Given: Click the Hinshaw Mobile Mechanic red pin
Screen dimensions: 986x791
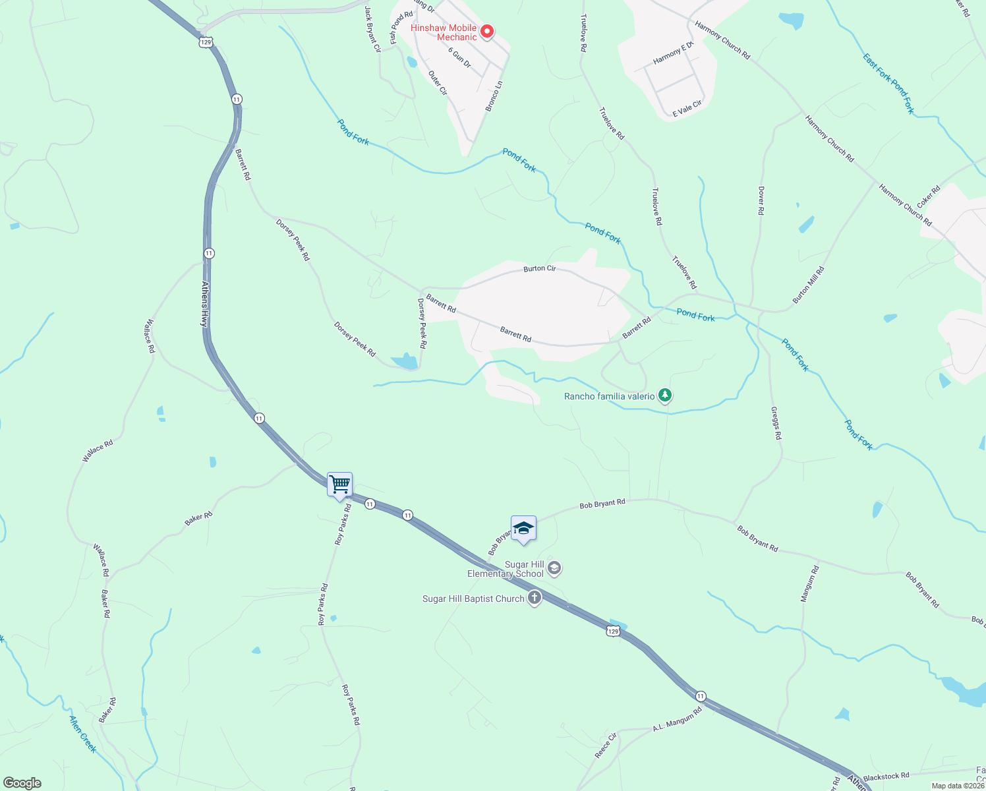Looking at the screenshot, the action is pyautogui.click(x=487, y=31).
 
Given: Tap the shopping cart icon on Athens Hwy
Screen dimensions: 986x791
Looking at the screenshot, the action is pyautogui.click(x=339, y=484).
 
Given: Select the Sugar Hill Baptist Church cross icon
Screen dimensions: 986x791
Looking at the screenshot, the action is pyautogui.click(x=535, y=599).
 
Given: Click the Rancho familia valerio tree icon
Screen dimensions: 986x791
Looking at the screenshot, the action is pyautogui.click(x=666, y=395).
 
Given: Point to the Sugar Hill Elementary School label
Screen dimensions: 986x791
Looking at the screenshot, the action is pyautogui.click(x=506, y=569).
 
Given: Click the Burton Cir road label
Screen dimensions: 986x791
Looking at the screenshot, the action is pyautogui.click(x=540, y=268).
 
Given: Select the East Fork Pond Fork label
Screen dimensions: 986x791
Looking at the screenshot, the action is pyautogui.click(x=888, y=84).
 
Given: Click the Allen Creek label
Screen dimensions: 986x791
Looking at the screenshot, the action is pyautogui.click(x=82, y=734).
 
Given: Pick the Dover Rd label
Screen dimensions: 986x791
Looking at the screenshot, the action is pyautogui.click(x=761, y=201).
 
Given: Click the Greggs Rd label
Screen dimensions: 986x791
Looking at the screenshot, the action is pyautogui.click(x=776, y=423).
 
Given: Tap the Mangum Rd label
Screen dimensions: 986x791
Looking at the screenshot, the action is pyautogui.click(x=809, y=583).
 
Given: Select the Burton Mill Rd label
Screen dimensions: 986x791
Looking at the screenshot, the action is pyautogui.click(x=809, y=285).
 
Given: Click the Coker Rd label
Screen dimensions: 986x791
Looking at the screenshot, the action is pyautogui.click(x=928, y=197).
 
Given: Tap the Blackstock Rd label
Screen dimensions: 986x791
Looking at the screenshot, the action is pyautogui.click(x=886, y=776).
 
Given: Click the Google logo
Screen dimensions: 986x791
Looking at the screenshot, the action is pyautogui.click(x=22, y=783).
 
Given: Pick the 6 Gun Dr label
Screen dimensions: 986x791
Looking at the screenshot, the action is pyautogui.click(x=459, y=57).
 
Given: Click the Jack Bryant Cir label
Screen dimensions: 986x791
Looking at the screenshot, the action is pyautogui.click(x=372, y=29).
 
